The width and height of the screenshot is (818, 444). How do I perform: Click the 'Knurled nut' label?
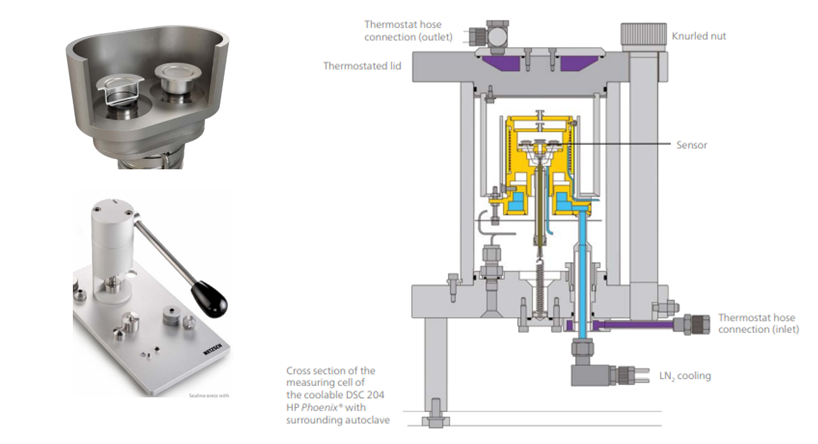pyautogui.click(x=698, y=36)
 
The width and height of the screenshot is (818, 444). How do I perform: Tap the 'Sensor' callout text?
pyautogui.click(x=691, y=145)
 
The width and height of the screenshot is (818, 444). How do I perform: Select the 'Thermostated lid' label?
pyautogui.click(x=362, y=66)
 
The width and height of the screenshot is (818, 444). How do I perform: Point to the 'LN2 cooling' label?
pyautogui.click(x=684, y=376)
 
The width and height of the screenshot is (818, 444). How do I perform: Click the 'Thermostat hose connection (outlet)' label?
pyautogui.click(x=408, y=31)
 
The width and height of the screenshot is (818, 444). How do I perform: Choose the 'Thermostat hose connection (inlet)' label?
pyautogui.click(x=757, y=323)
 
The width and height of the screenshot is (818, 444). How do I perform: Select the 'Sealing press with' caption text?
pyautogui.click(x=208, y=395)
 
